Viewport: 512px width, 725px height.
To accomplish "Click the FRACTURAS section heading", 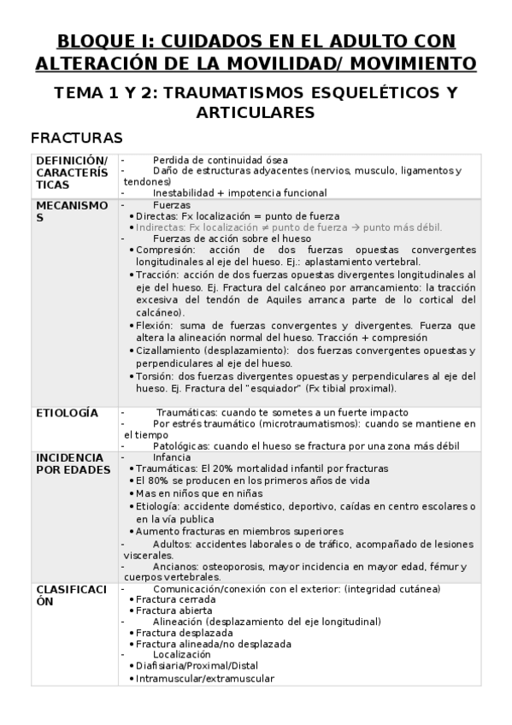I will [77, 138].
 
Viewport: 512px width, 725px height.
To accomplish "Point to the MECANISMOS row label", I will [72, 211].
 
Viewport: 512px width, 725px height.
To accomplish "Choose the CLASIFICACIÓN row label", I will [72, 595].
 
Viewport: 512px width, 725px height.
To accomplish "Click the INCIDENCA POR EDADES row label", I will [73, 463].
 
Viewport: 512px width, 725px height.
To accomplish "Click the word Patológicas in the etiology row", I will [183, 446].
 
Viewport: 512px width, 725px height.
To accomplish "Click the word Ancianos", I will [176, 567].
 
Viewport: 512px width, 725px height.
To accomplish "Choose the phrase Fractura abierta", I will [171, 611].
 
